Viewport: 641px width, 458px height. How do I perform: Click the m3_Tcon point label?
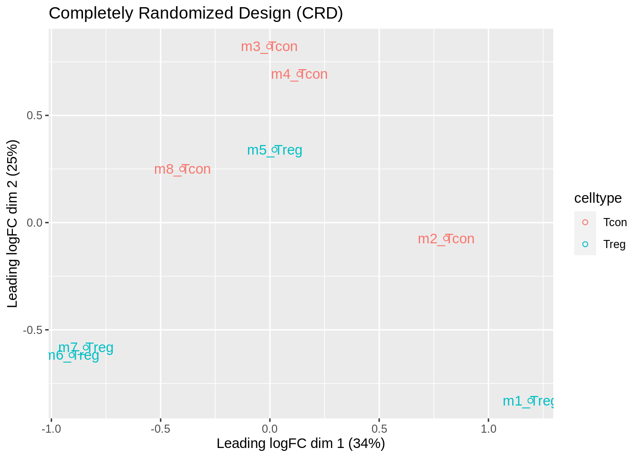tap(269, 47)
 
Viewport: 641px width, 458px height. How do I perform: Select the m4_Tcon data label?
tap(299, 74)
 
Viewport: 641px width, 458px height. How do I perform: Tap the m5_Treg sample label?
tap(275, 150)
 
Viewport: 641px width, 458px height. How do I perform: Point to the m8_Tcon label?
tap(182, 169)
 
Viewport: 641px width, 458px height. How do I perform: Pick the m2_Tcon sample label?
tap(446, 239)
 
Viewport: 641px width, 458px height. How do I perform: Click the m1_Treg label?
tap(528, 401)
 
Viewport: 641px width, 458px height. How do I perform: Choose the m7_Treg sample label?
tap(86, 347)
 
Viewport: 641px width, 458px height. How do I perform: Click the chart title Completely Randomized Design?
tap(196, 13)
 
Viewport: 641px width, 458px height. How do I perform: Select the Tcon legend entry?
tap(615, 222)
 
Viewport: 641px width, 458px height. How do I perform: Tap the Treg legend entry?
tap(614, 244)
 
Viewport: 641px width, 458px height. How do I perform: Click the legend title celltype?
tap(598, 198)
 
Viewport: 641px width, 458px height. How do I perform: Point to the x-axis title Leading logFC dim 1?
tap(300, 444)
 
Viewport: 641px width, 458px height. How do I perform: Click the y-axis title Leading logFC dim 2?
tap(12, 223)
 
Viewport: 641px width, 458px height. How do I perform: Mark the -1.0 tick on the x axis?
tap(51, 428)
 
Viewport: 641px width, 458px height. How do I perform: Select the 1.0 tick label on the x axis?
tap(488, 428)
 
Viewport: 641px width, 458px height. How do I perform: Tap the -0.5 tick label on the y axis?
tap(32, 330)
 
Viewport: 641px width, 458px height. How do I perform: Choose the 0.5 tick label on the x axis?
tap(379, 428)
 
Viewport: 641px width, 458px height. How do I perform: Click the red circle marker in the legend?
tap(585, 222)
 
